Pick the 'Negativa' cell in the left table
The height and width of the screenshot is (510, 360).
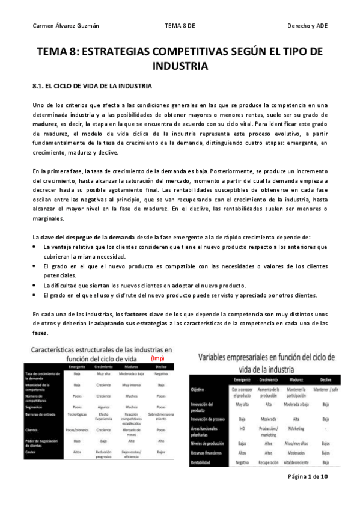160,373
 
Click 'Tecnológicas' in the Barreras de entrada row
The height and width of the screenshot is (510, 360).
77,415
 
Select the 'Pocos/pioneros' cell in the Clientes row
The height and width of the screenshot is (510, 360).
77,429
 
